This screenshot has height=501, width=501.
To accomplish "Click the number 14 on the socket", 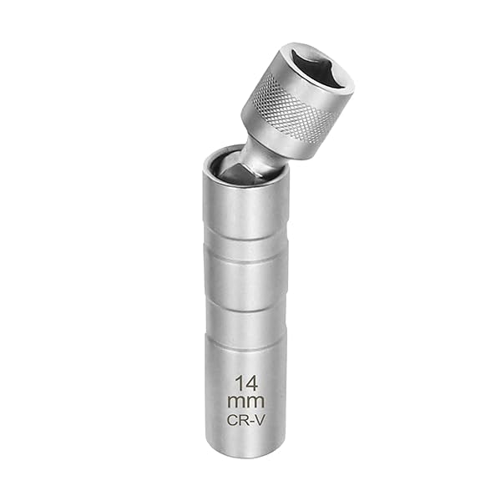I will coord(245,383).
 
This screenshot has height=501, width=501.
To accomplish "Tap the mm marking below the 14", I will coord(245,402).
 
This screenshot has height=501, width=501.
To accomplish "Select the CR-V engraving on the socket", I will coord(245,421).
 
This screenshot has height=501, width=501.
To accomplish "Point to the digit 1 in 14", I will coord(238,383).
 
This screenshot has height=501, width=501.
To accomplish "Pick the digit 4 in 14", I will coord(250,383).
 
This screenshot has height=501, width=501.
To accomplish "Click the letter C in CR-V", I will coord(231,421).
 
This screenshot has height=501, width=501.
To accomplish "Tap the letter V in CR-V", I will coord(260,421).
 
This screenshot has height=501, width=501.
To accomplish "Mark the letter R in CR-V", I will coord(242,421).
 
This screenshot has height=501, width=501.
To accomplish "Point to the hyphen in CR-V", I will coord(251,421).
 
